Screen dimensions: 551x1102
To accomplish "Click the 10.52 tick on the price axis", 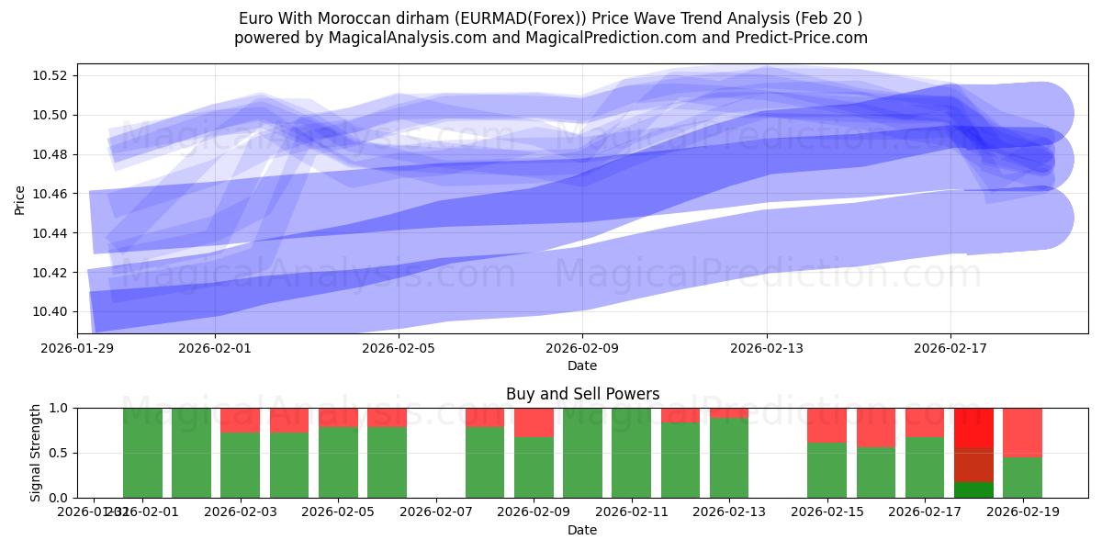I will [53, 75].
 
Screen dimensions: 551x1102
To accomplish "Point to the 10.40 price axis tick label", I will [53, 312].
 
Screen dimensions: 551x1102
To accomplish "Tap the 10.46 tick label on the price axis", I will [53, 194].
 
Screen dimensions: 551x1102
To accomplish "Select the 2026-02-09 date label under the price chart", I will [582, 348].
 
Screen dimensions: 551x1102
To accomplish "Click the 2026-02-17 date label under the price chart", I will [950, 348].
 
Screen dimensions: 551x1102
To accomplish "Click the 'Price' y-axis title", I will [19, 198].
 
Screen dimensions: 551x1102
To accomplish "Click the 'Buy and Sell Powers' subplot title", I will [582, 394].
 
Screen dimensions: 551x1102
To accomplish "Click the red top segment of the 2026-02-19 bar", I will [1022, 432].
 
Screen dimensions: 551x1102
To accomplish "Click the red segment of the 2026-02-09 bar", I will [534, 422].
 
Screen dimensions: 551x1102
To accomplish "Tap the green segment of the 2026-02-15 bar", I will [826, 470].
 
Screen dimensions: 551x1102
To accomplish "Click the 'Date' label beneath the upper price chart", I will [582, 365].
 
